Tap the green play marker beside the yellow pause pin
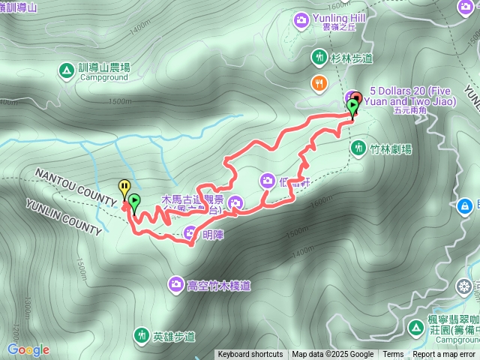(134, 201)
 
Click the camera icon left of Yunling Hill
(301, 20)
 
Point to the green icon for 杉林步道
(319, 57)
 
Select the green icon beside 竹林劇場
(358, 148)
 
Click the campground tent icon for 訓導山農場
(65, 70)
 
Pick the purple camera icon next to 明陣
(190, 232)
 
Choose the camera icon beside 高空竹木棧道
(175, 283)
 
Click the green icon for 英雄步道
(141, 334)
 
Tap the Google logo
(28, 349)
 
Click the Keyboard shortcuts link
(250, 355)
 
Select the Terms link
(393, 355)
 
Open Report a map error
(443, 355)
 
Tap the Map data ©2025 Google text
(332, 355)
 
